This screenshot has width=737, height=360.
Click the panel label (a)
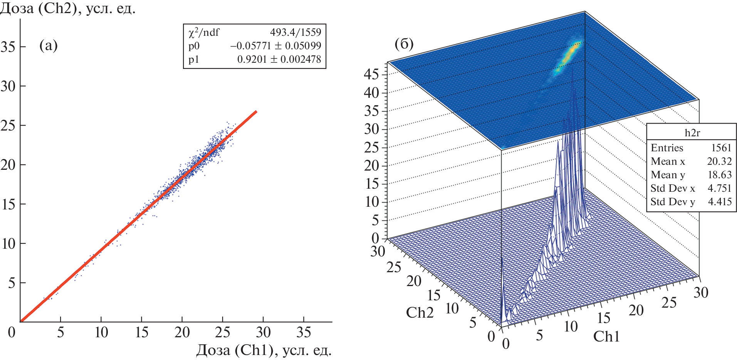[x=49, y=46]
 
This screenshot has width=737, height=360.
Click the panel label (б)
[x=404, y=44]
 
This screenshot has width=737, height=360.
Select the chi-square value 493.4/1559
[x=295, y=32]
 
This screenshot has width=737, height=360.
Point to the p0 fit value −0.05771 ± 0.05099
[x=275, y=46]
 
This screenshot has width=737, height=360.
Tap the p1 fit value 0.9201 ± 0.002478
[x=279, y=59]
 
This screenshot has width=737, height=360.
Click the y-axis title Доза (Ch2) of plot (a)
[x=67, y=8]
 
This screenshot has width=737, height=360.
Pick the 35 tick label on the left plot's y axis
[x=8, y=47]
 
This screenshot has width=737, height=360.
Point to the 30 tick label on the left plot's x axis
[x=263, y=332]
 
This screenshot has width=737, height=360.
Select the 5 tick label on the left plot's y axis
[x=12, y=283]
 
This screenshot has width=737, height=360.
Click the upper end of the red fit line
[x=256, y=112]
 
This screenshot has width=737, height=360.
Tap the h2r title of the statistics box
[x=692, y=133]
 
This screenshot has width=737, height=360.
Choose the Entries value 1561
[x=721, y=148]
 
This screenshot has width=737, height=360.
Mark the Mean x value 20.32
[x=719, y=161]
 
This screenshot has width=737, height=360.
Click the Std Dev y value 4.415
[x=720, y=202]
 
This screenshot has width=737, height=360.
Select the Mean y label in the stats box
[x=668, y=175]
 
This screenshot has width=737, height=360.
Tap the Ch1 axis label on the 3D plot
[x=606, y=337]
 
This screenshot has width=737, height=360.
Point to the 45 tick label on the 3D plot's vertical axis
[x=371, y=74]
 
